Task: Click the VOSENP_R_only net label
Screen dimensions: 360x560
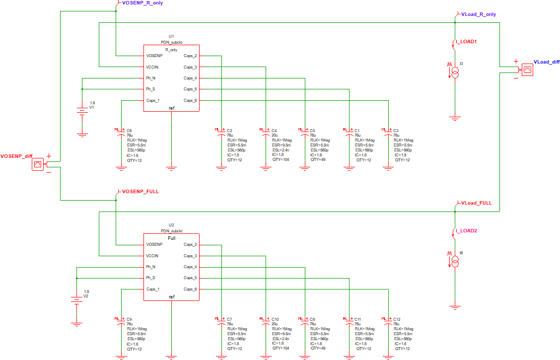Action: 142,3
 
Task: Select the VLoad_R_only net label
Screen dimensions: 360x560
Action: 478,14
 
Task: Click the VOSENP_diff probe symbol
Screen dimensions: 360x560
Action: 38,164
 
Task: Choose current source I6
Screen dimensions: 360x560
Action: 454,262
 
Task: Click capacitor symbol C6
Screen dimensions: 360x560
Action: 121,131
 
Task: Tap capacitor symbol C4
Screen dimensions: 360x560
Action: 266,131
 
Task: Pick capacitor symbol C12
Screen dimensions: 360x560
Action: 387,319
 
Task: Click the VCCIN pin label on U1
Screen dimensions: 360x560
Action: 152,67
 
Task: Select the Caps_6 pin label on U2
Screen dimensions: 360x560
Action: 190,289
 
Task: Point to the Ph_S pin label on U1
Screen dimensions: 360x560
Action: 150,89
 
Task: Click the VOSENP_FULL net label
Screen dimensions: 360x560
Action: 140,191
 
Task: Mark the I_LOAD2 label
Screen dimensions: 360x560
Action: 467,231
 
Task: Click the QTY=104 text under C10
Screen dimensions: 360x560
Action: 280,349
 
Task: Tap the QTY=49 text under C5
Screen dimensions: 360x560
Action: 317,160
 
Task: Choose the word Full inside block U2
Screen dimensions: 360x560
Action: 172,238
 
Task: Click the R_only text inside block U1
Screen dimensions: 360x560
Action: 171,50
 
